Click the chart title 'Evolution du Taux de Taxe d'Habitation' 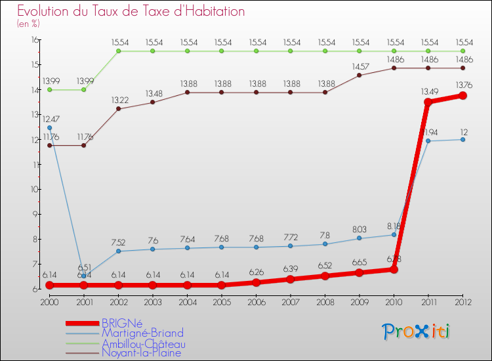click(131, 12)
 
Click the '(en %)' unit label click(28, 24)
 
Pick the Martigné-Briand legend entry click(142, 333)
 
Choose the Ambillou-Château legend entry click(144, 343)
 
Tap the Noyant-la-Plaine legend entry click(141, 353)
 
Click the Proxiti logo click(417, 331)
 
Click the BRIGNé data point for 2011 click(428, 102)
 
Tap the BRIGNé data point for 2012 click(462, 95)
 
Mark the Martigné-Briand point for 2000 click(49, 128)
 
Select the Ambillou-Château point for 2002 click(118, 51)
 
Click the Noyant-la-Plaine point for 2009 click(359, 75)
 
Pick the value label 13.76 click(462, 84)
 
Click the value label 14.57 click(359, 66)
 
